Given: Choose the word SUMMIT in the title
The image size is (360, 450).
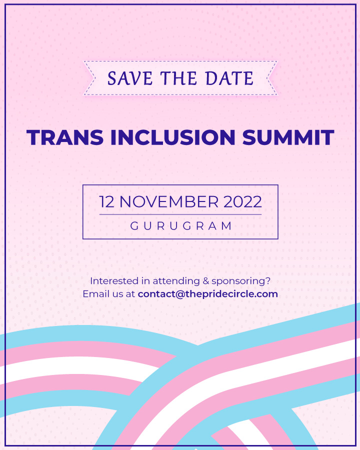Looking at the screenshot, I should (x=288, y=137).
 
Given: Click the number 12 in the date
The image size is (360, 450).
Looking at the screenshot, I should (x=107, y=202).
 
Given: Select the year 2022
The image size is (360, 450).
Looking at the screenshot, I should (x=242, y=202).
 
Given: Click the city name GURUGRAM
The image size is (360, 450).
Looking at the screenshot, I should (x=180, y=226).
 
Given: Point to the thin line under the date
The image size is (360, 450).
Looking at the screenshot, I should (x=180, y=214).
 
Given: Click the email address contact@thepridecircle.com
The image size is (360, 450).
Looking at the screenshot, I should (x=207, y=294).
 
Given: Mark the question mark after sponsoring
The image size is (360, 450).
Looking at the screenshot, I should (x=268, y=281).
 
